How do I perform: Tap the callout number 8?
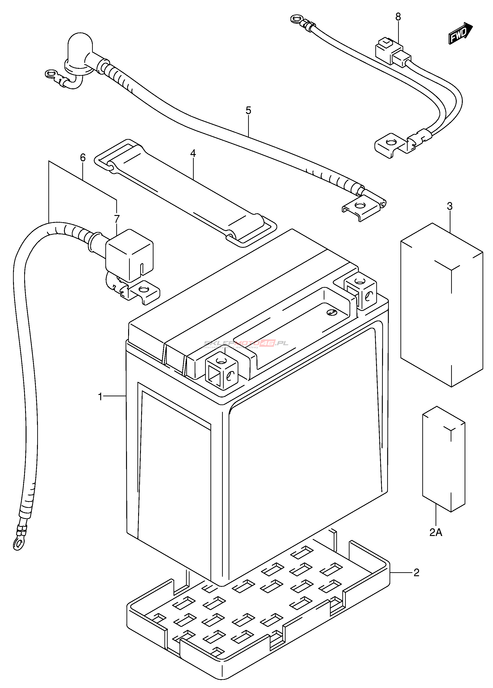point(398,17)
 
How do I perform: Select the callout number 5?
point(248,110)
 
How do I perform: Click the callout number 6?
point(83,158)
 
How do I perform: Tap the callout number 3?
point(450,206)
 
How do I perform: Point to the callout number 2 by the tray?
point(416,572)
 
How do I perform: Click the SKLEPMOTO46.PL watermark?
point(246,344)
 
